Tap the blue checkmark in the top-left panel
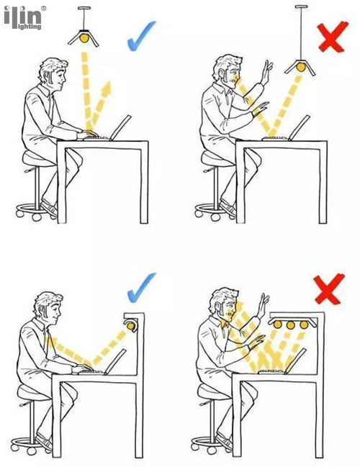(x=140, y=36)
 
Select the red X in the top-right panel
(x=333, y=37)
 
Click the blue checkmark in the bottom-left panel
(x=140, y=289)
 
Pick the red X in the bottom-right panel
(x=329, y=289)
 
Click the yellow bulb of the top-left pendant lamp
(x=84, y=38)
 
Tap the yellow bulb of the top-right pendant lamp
(x=301, y=68)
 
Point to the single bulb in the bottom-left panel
(x=130, y=326)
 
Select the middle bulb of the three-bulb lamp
(x=291, y=325)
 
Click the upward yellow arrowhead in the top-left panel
(x=107, y=87)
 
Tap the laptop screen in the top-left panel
(x=121, y=127)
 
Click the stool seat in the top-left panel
(x=38, y=159)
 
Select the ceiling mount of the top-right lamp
(x=301, y=6)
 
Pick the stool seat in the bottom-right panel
(x=212, y=392)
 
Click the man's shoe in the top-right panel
(x=228, y=209)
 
